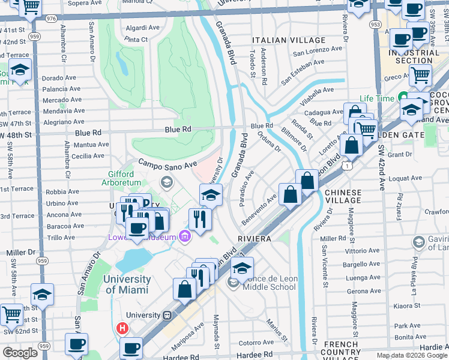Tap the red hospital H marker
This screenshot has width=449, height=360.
click(x=122, y=328)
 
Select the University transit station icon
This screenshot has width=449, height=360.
click(x=167, y=315)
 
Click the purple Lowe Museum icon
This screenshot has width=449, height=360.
click(x=184, y=237)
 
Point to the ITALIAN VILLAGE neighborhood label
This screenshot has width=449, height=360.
click(x=280, y=40)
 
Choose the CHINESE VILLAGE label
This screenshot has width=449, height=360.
click(x=343, y=197)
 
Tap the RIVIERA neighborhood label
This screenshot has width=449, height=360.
click(x=255, y=238)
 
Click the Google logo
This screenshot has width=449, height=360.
click(x=20, y=353)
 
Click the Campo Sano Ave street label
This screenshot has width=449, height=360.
click(x=167, y=163)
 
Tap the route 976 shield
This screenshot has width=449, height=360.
click(x=51, y=19)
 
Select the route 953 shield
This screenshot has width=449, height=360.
click(x=375, y=25)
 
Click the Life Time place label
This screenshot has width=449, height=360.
click(x=377, y=98)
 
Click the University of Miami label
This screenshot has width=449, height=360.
click(x=127, y=284)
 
